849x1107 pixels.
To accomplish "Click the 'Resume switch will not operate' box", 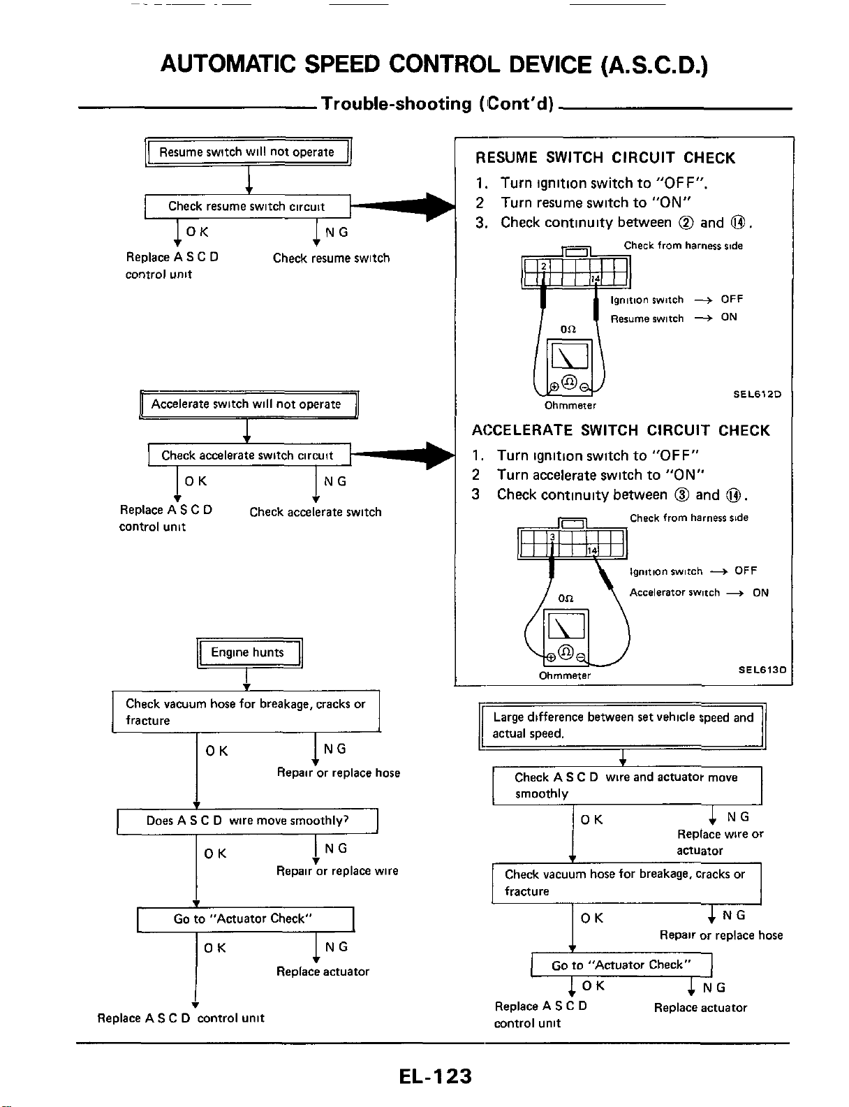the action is pos(248,152).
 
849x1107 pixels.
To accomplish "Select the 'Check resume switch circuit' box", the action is pos(248,206).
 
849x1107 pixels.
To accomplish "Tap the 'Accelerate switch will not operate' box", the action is pos(249,404).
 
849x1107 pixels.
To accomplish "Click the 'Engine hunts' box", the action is pos(249,652).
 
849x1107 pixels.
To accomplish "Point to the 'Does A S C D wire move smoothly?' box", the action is pos(248,821).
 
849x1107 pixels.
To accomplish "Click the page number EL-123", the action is pos(436,1076).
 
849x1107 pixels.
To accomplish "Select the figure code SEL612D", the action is pos(757,394).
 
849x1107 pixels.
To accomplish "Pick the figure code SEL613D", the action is pos(762,669).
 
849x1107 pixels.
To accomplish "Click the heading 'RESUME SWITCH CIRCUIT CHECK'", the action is pos(605,158).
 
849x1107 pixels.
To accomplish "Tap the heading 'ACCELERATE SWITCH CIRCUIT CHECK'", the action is pos(621,430).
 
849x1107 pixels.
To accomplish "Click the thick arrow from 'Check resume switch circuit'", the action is pos(404,206).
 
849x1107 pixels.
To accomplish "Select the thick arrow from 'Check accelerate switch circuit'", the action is pos(404,455).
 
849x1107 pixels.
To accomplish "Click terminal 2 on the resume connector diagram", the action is pos(544,266).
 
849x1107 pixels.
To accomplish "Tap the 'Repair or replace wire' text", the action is pos(337,871).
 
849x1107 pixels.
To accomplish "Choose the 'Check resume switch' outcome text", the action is pos(331,258).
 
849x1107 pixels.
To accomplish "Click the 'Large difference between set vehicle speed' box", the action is pos(622,726).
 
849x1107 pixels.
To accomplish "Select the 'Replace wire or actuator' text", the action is pos(720,842).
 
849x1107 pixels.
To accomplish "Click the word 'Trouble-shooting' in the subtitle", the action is pos(397,104).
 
